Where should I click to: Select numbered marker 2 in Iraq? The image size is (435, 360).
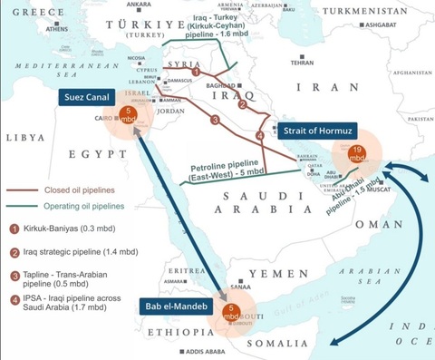coord(242,104)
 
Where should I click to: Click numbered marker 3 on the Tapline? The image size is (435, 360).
coord(215,119)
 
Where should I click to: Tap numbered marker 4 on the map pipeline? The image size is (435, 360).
coord(260,135)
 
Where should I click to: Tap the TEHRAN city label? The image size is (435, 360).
coord(302,63)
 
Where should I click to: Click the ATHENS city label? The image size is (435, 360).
coord(56,28)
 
